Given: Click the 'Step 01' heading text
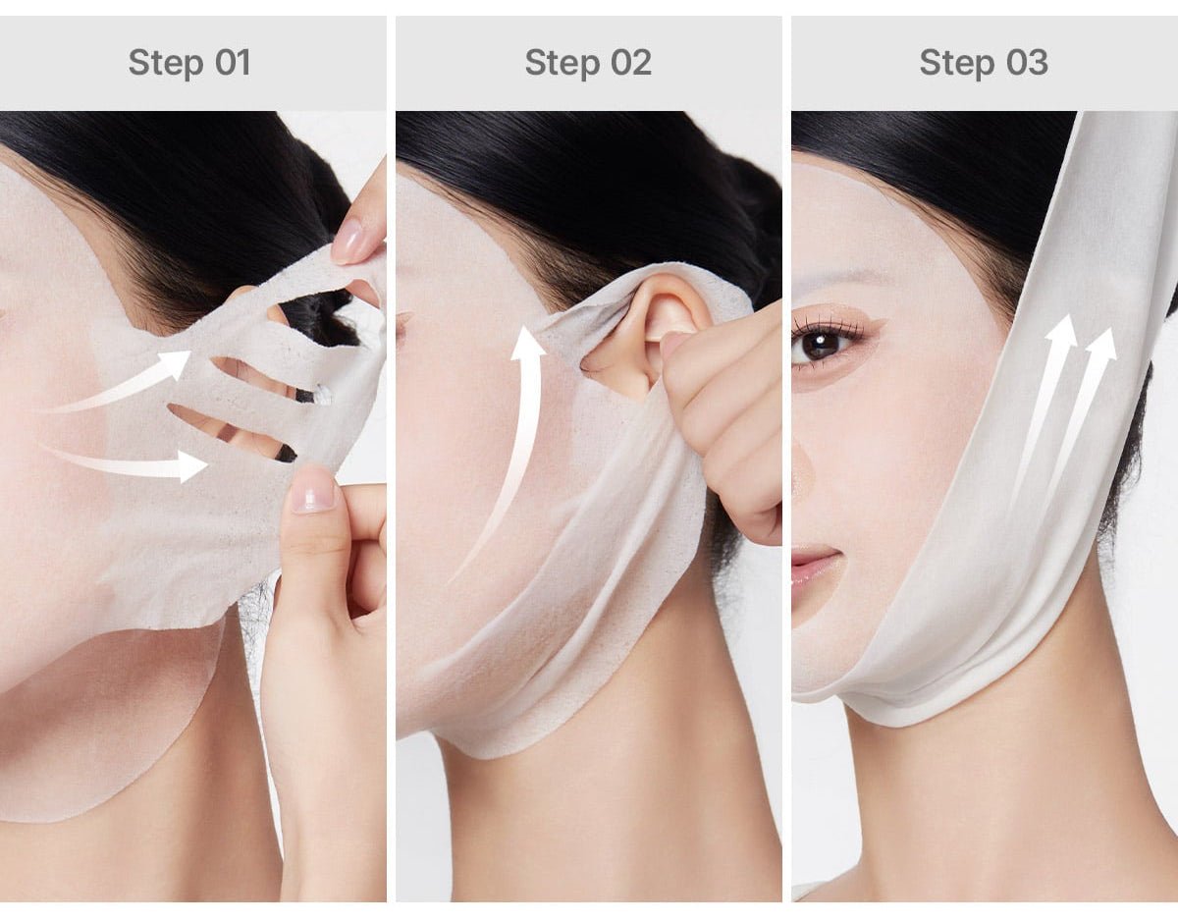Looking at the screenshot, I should [x=189, y=63].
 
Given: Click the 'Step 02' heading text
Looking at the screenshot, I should [x=588, y=63].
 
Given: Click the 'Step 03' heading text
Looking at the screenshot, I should [x=984, y=63].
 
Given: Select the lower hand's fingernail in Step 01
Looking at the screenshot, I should [x=313, y=488].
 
